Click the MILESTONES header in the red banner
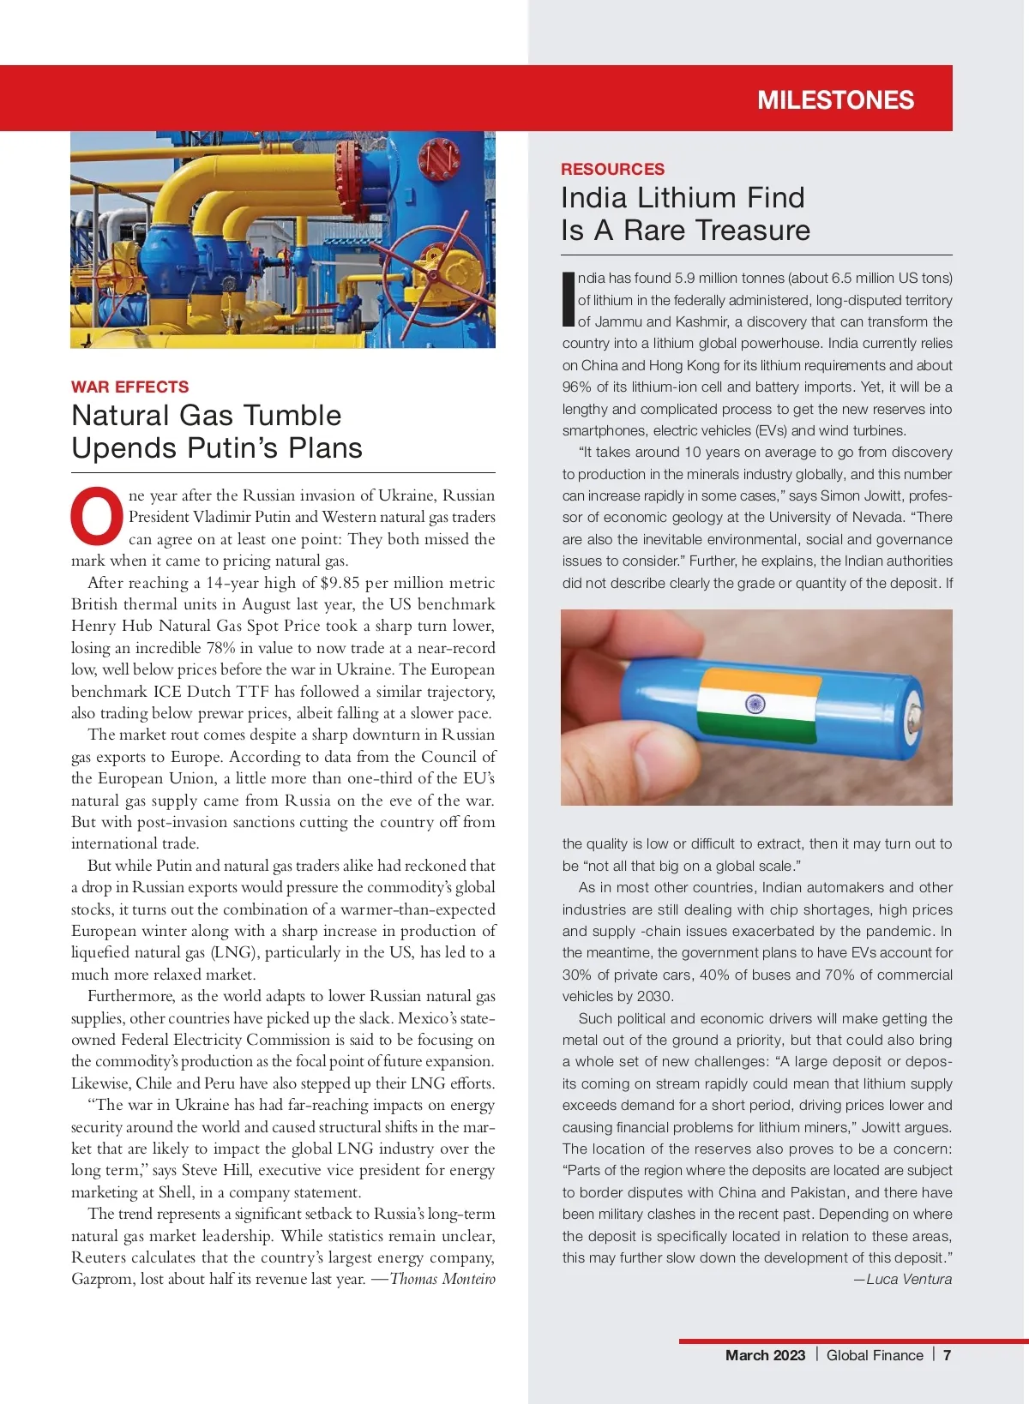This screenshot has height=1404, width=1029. click(835, 100)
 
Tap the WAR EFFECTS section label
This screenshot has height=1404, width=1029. click(129, 387)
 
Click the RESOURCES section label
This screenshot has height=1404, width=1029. click(612, 169)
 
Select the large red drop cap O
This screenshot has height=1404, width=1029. click(96, 516)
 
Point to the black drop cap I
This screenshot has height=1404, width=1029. click(568, 299)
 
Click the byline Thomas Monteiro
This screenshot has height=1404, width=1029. click(442, 1279)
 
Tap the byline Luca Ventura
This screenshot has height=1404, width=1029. click(908, 1279)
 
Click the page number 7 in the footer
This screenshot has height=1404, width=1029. click(947, 1355)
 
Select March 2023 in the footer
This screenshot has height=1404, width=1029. click(765, 1355)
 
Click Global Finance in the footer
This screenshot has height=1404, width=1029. click(875, 1355)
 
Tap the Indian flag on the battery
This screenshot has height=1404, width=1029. click(756, 705)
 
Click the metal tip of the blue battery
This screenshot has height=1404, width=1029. click(914, 713)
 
